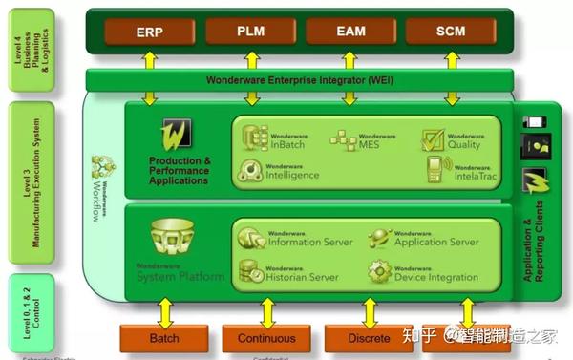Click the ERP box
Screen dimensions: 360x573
point(149,32)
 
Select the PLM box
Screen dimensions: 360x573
point(251,32)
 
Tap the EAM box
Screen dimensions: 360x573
point(350,32)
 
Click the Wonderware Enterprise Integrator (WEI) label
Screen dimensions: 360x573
point(299,80)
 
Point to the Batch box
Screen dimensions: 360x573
point(164,338)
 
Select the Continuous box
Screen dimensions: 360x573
point(267,338)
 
